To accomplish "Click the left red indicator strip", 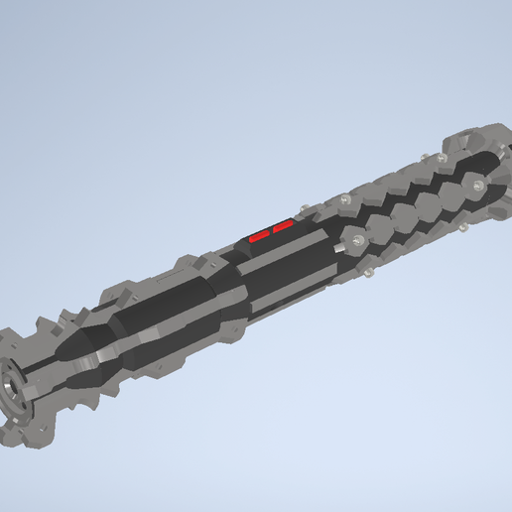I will coord(260,236).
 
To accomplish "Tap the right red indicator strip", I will coord(283,227).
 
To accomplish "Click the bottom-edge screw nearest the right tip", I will coord(462,229).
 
